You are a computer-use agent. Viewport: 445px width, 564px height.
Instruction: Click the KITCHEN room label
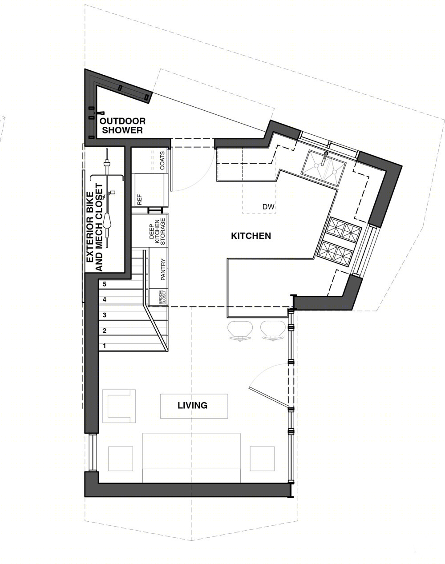tap(251, 236)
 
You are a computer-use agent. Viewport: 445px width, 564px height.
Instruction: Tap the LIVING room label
tap(193, 406)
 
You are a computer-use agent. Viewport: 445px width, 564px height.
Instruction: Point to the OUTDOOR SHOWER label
tap(122, 125)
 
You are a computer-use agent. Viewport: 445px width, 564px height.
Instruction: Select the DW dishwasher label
tap(268, 207)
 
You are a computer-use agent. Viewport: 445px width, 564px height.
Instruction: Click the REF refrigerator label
tap(139, 199)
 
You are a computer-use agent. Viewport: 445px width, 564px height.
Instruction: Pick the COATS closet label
tap(162, 161)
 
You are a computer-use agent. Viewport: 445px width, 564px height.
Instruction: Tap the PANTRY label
tap(163, 270)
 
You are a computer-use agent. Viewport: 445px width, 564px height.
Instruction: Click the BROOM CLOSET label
tap(162, 298)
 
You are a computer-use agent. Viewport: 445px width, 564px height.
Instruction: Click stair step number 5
tap(105, 284)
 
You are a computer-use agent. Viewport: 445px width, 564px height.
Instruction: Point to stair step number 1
tap(105, 346)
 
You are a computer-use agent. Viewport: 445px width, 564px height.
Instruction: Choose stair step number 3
tap(105, 315)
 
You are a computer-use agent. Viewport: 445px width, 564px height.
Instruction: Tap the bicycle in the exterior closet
tap(107, 198)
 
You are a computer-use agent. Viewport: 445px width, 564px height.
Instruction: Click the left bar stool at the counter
tap(240, 331)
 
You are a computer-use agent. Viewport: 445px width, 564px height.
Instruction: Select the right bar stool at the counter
tap(273, 331)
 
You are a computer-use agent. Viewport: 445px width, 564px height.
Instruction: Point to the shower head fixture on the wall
tap(100, 113)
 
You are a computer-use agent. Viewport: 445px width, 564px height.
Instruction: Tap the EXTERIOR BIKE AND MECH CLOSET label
tap(94, 227)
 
